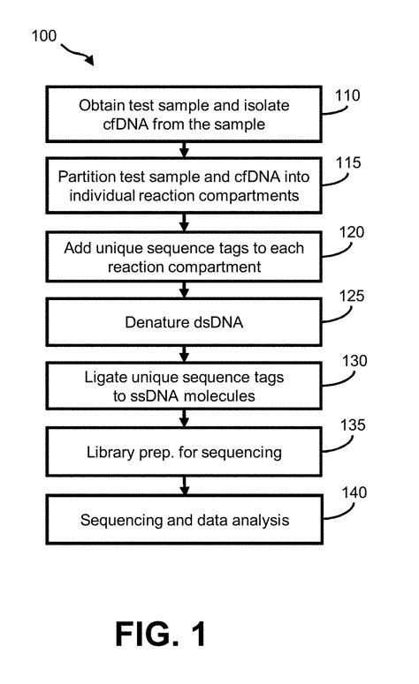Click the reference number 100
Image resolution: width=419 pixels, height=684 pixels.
coord(43,36)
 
